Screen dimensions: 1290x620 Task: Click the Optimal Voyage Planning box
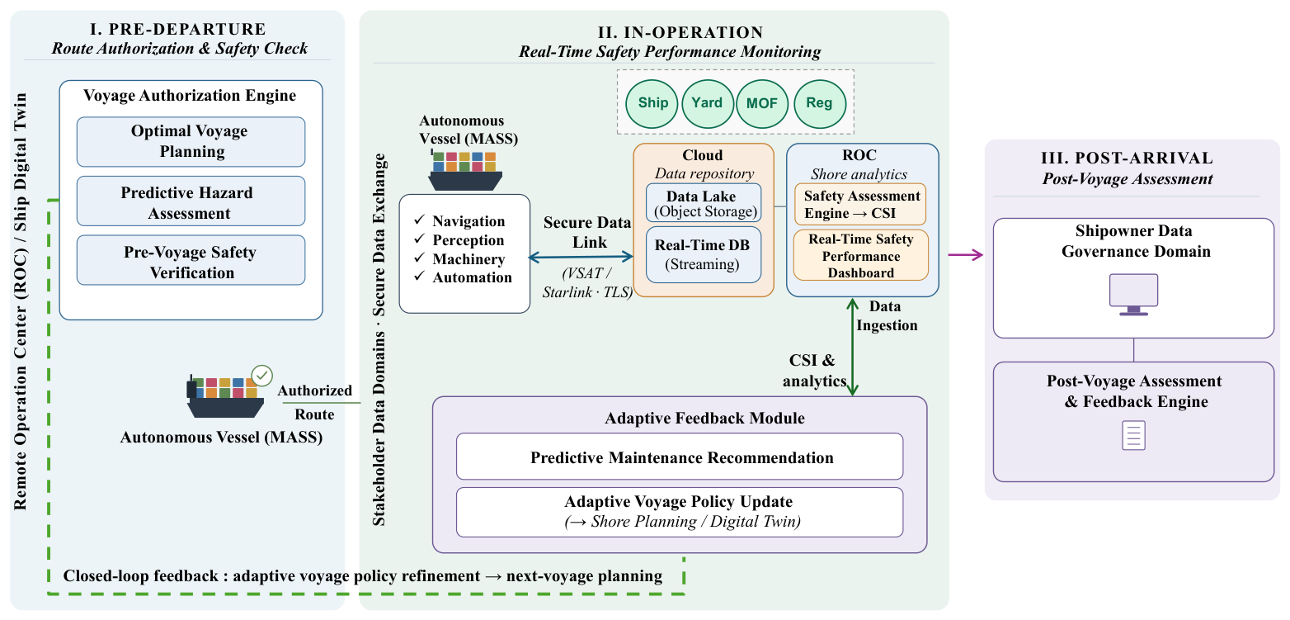191,142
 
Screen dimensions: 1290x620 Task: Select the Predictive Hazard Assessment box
191,201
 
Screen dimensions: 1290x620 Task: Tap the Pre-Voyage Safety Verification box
191,260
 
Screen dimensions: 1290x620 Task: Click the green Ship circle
652,104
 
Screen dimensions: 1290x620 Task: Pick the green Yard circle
707,104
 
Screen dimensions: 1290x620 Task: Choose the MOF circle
762,104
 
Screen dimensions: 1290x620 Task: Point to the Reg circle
820,104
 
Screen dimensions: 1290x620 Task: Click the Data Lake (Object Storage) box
704,203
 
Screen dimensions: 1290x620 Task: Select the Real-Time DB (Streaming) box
704,254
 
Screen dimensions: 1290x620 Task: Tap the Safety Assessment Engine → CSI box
860,205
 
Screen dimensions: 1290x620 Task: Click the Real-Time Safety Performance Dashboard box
860,255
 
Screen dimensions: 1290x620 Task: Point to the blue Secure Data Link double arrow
581,257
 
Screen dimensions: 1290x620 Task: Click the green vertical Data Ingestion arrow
852,347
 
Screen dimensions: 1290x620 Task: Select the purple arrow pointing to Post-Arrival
966,254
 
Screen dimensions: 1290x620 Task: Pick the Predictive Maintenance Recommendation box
680,457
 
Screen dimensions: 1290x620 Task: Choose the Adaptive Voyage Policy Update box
680,512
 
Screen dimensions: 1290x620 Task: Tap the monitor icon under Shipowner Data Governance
1133,295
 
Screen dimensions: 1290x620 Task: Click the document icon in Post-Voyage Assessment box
1133,435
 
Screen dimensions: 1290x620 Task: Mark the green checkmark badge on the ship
262,376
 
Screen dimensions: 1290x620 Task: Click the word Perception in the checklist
468,240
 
